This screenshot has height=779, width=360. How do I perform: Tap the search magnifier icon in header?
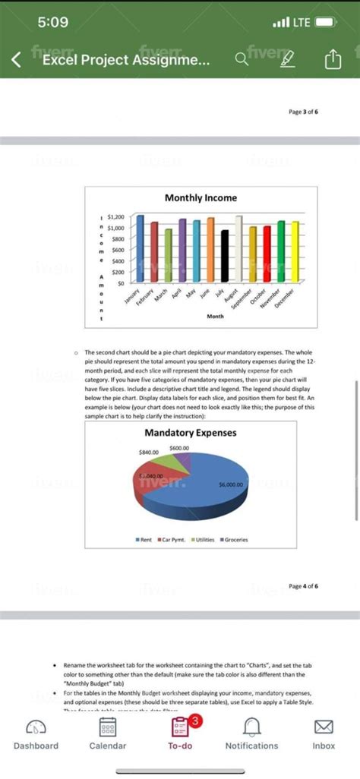tap(242, 59)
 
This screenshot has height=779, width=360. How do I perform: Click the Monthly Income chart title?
tap(201, 197)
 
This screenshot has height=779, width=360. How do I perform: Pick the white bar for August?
tap(238, 248)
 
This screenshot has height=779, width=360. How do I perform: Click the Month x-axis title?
tap(215, 315)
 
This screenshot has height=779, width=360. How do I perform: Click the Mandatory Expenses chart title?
tap(190, 433)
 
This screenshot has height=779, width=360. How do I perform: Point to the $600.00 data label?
tap(179, 448)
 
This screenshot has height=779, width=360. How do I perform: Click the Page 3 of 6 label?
tap(304, 112)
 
